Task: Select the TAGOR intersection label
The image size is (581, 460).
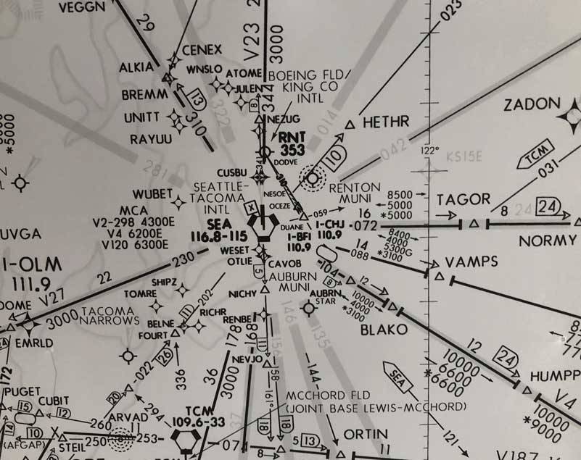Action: (463, 199)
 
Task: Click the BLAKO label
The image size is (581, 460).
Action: (384, 330)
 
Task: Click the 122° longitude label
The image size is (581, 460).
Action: (430, 151)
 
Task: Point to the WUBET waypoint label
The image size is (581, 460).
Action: (150, 195)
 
